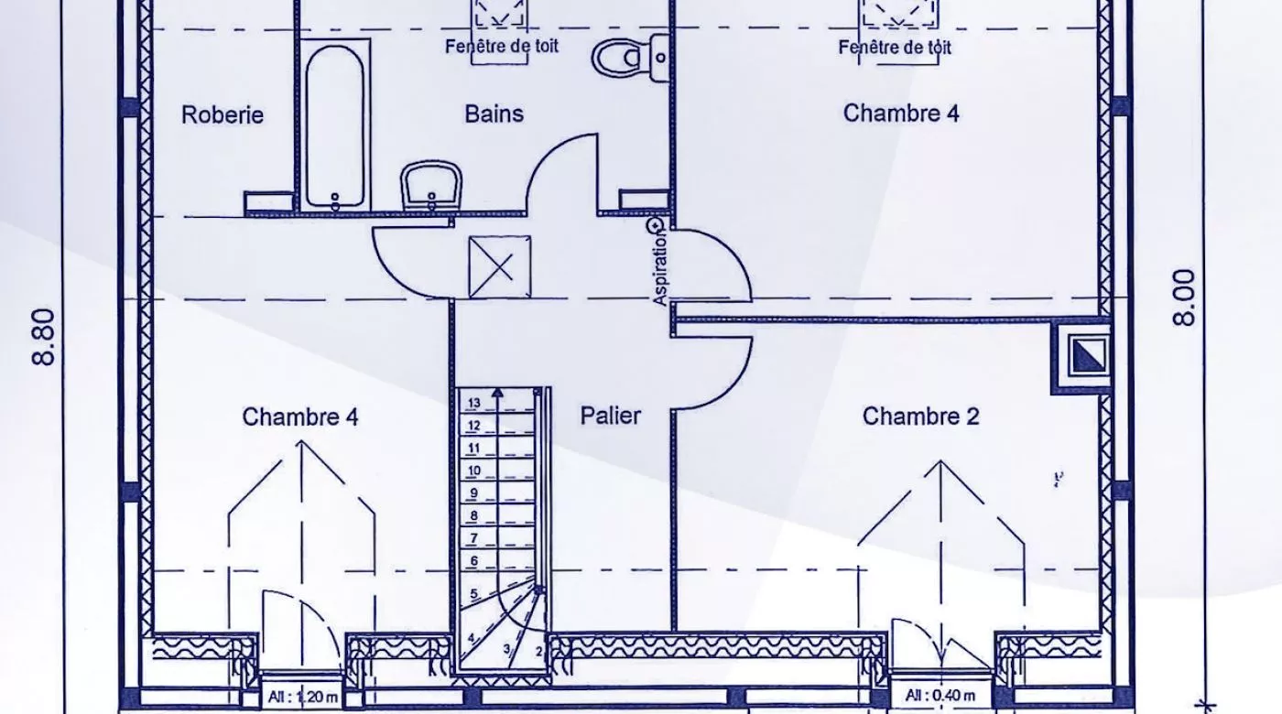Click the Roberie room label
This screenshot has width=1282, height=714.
click(x=222, y=114)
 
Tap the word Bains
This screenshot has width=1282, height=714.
click(x=494, y=114)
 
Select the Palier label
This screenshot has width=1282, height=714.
click(x=610, y=416)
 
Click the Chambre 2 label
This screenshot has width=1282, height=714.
click(x=920, y=416)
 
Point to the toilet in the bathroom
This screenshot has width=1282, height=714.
click(x=630, y=57)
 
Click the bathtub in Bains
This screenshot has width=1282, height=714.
click(x=335, y=126)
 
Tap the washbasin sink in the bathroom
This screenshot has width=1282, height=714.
click(x=431, y=185)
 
